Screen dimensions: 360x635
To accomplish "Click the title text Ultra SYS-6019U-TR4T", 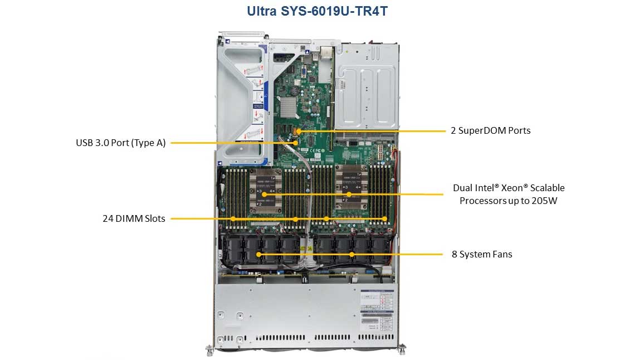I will coord(317,11).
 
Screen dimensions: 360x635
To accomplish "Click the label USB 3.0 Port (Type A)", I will coord(121,143).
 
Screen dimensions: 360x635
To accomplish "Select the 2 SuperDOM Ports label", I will coord(490,131).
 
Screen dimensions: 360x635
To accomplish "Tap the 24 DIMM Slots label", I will coord(134,218).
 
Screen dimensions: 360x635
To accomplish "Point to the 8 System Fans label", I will coord(481,254).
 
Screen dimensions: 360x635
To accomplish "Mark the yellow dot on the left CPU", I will coord(264,194).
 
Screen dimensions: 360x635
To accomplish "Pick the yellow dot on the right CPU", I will coord(349,194).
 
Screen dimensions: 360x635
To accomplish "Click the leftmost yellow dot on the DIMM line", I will coord(233,219).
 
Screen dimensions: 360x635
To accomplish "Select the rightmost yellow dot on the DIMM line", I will coord(384,219).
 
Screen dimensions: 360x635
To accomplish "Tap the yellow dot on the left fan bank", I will coord(258,255).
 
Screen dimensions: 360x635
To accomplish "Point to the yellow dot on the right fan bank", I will coord(352,255).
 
